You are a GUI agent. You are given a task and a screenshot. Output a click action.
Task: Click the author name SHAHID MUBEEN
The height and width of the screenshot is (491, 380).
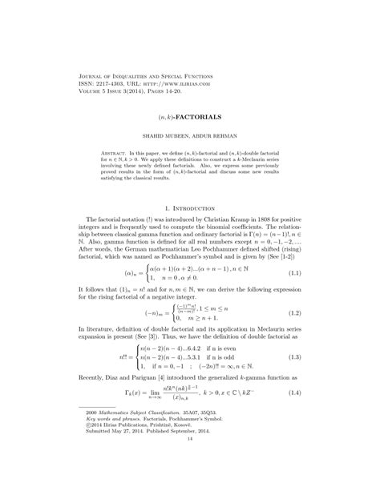(164, 135)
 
